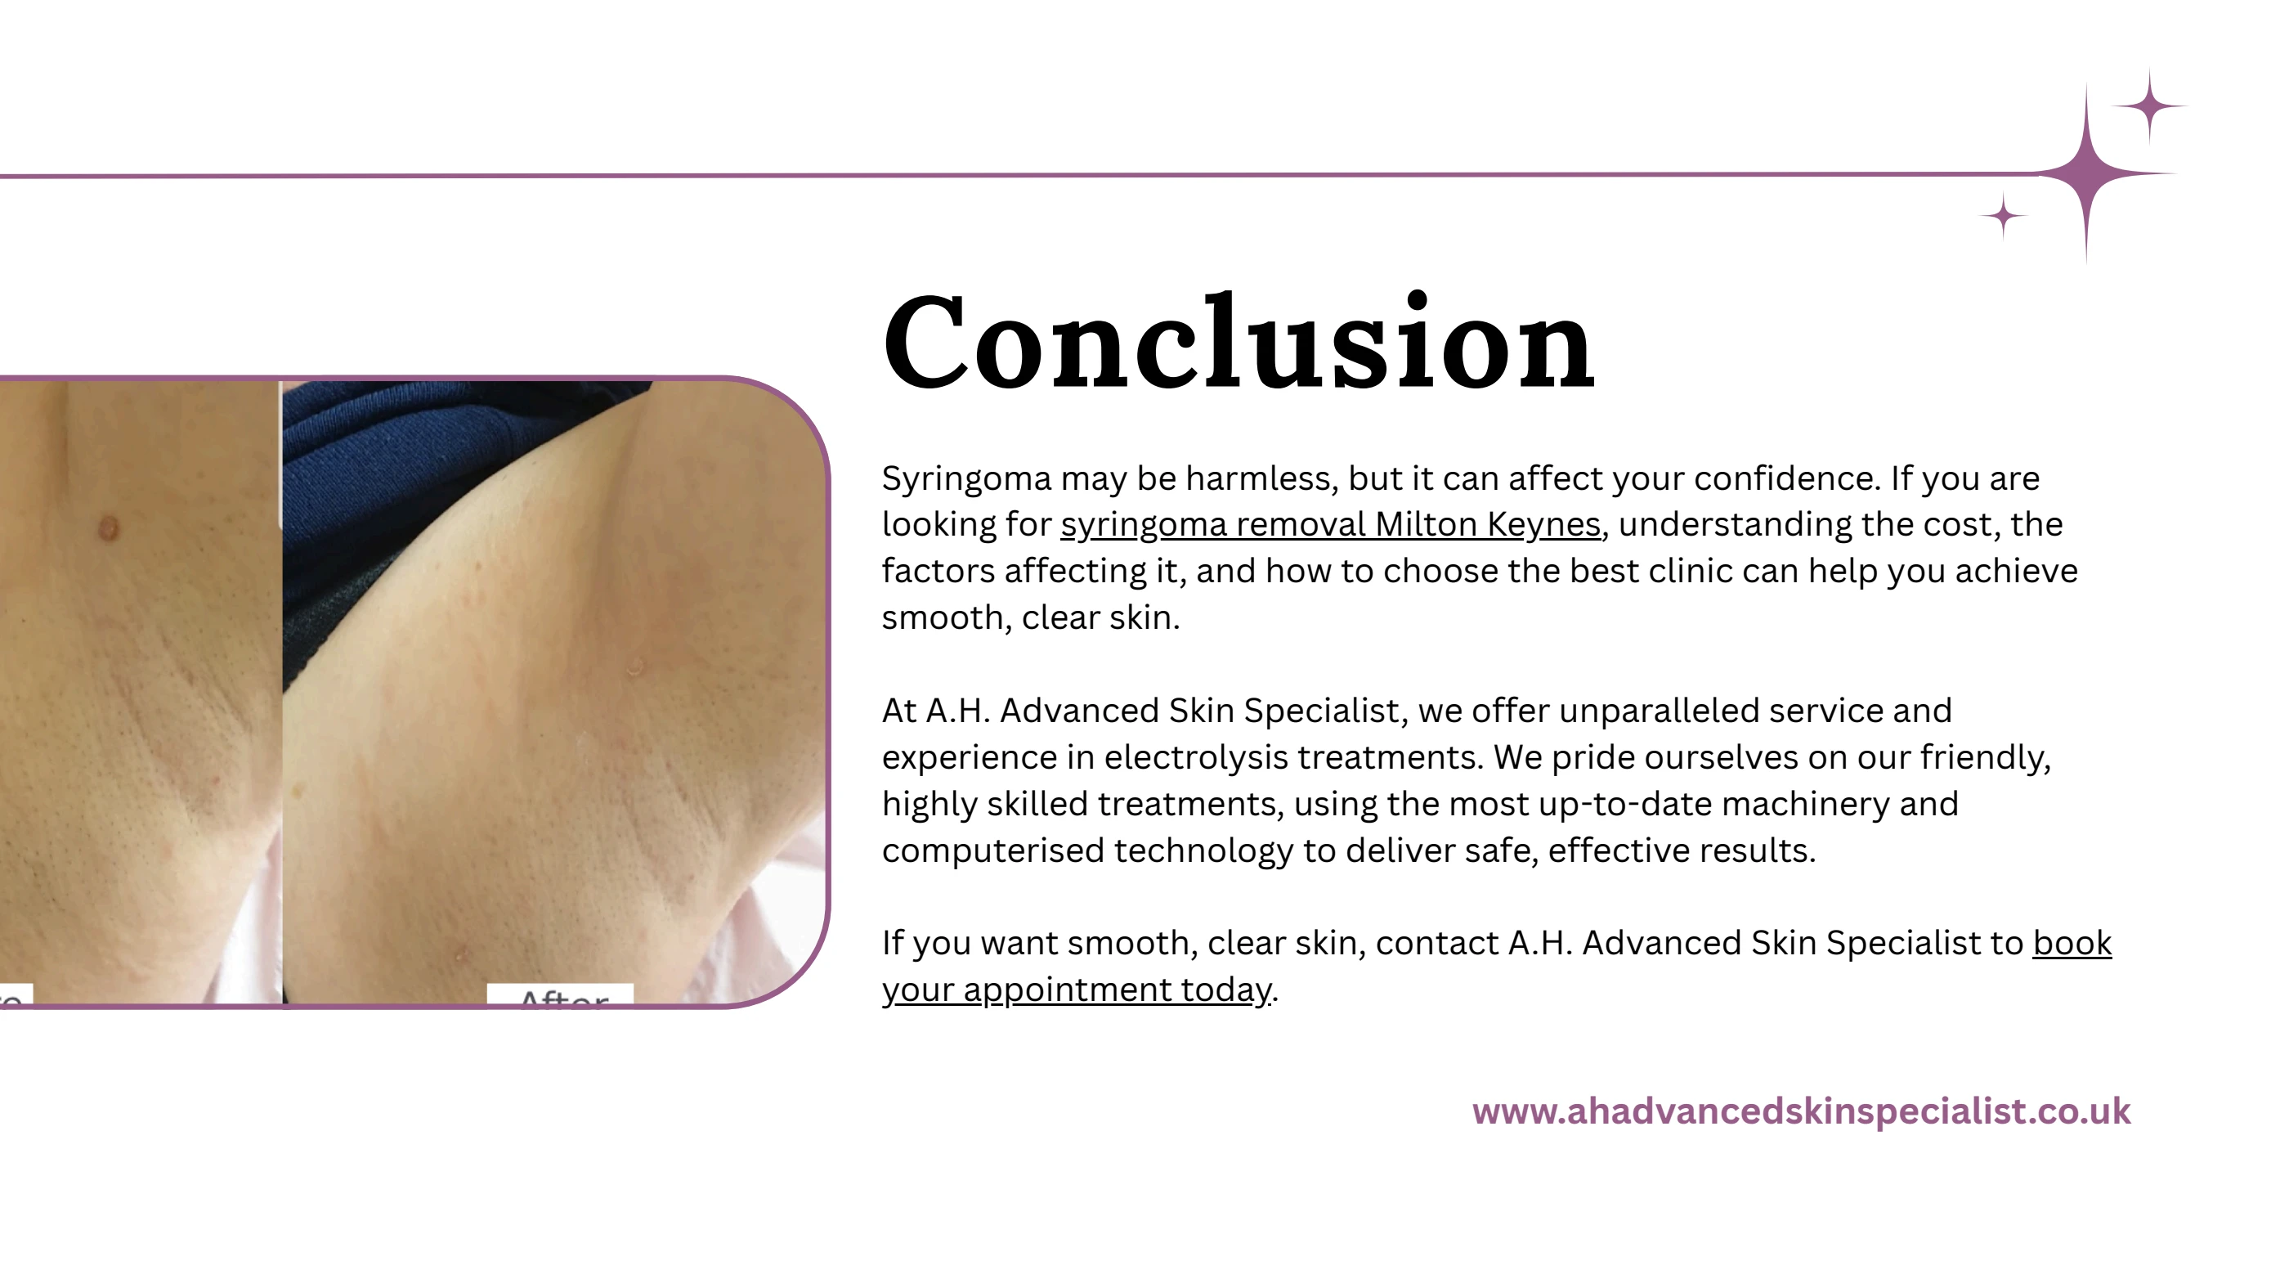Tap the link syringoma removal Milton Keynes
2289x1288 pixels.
click(x=1330, y=524)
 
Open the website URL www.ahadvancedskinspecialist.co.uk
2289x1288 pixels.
click(x=1800, y=1111)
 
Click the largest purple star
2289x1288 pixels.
click(x=2086, y=174)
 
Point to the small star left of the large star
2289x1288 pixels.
click(x=2003, y=216)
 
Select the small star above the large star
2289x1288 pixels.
click(x=2148, y=105)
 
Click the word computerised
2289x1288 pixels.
click(x=992, y=850)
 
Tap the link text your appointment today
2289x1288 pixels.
click(x=1076, y=990)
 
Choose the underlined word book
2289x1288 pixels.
click(x=2072, y=943)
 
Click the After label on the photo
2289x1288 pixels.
click(x=562, y=996)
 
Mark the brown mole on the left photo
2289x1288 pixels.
click(x=108, y=529)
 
